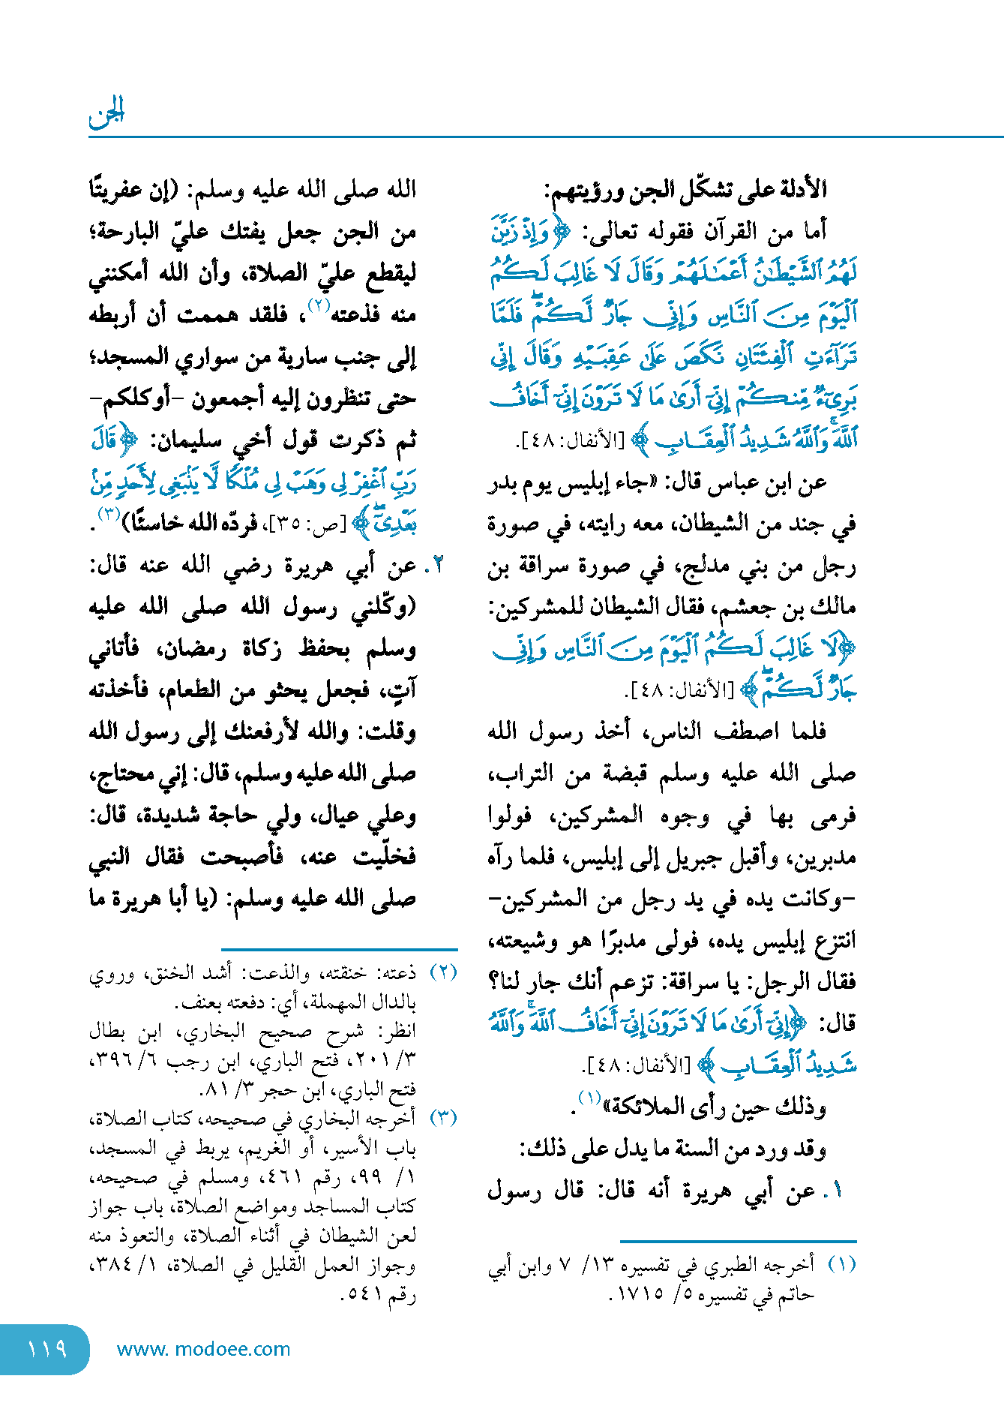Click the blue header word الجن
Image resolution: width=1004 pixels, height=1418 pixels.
pyautogui.click(x=106, y=113)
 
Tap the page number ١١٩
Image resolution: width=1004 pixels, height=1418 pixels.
pyautogui.click(x=46, y=1348)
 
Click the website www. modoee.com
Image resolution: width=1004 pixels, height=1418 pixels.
pyautogui.click(x=203, y=1349)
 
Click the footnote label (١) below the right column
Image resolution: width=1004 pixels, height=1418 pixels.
pyautogui.click(x=841, y=1264)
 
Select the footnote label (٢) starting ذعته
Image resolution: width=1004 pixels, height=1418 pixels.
pyautogui.click(x=443, y=972)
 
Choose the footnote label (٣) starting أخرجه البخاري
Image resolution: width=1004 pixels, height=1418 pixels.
pyautogui.click(x=443, y=1117)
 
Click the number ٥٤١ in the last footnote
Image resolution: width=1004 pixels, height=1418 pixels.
pyautogui.click(x=364, y=1294)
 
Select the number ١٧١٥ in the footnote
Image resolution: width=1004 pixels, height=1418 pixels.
pyautogui.click(x=638, y=1294)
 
